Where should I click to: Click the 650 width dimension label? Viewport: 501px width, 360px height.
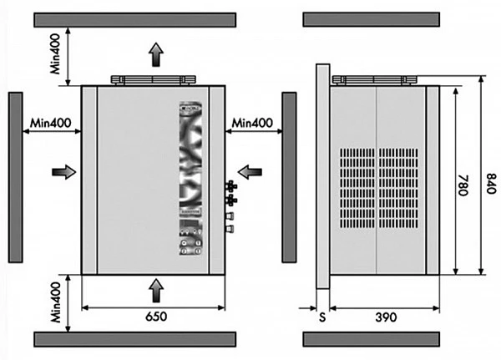[154, 317]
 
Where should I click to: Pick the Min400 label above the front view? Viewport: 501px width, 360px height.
[56, 55]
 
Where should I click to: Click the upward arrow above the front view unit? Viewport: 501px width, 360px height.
[155, 55]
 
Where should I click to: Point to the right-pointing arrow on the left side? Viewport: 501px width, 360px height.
[63, 171]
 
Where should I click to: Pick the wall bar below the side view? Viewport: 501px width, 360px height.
[371, 338]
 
